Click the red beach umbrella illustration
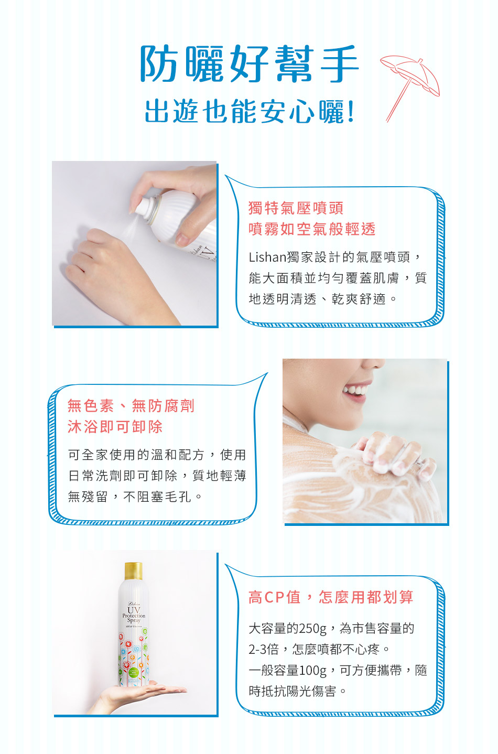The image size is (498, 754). pos(410,89)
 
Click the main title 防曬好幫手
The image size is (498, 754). pos(250,63)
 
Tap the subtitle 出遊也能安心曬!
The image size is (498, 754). pos(250,111)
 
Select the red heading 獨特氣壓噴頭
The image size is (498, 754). pos(296,208)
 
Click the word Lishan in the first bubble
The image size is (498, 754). pos(267,257)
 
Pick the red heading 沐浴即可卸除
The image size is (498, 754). pos(115,427)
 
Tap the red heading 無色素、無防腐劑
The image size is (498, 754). pos(131,406)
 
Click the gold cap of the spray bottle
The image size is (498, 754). pos(133,570)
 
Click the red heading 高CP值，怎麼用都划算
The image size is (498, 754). pos(331,597)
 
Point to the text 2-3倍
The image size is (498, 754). pos(264,649)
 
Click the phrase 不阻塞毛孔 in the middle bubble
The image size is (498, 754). pos(157,497)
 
